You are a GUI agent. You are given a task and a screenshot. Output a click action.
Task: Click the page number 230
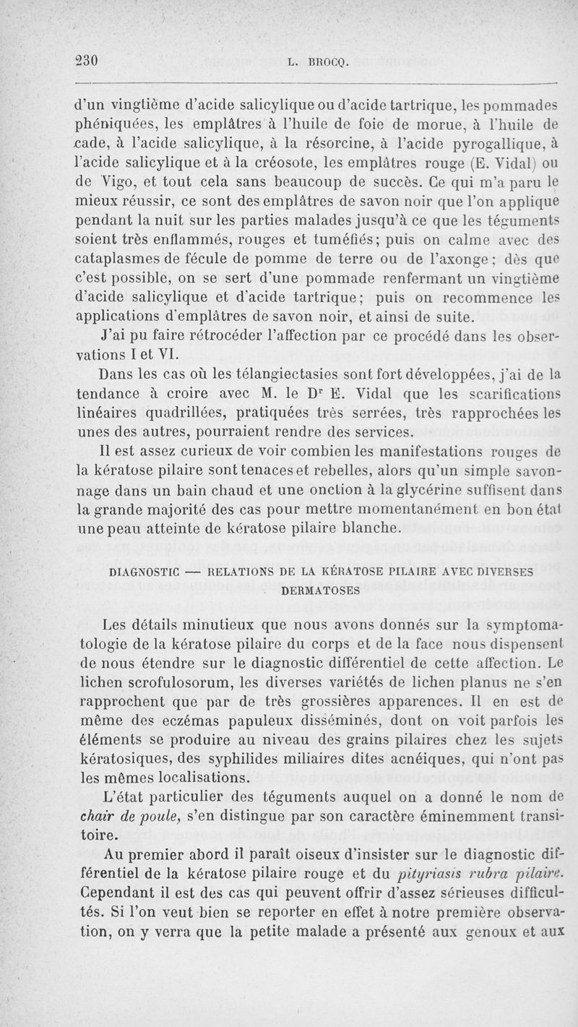[87, 60]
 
